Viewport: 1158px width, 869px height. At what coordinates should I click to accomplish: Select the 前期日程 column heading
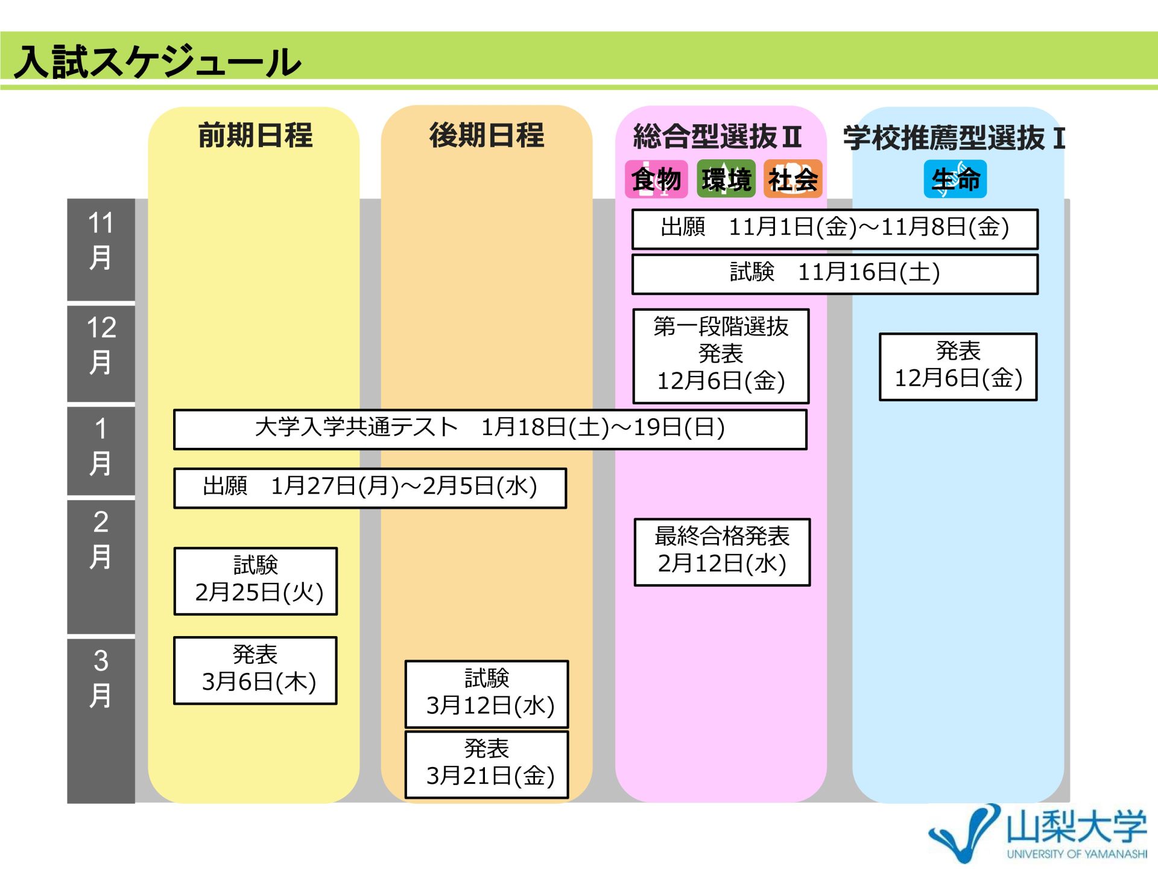click(x=255, y=135)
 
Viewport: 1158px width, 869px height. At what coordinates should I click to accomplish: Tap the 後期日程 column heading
click(x=487, y=135)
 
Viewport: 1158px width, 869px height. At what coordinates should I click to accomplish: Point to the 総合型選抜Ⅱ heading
click(x=717, y=136)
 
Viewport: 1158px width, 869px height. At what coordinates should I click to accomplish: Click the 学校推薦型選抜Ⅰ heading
click(x=954, y=138)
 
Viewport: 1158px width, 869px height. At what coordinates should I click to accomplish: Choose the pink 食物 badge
click(x=656, y=179)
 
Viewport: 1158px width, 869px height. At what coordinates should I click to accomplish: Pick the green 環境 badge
click(x=726, y=179)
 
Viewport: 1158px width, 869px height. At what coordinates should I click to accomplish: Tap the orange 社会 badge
click(x=793, y=179)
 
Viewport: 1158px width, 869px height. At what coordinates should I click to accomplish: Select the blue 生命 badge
click(x=955, y=179)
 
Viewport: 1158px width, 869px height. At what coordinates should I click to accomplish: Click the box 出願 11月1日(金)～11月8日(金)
click(x=835, y=229)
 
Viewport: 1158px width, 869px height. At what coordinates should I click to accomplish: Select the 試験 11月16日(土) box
click(x=835, y=274)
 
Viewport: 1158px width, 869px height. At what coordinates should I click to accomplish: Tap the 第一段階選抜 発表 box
click(x=721, y=356)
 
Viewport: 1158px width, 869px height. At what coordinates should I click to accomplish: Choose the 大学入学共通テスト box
click(x=490, y=429)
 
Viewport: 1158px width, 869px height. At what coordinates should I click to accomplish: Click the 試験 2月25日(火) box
click(x=255, y=581)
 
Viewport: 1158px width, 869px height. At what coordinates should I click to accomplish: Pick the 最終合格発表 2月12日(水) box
click(x=722, y=552)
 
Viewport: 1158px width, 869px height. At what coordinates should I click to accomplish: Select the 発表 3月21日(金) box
click(x=487, y=765)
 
